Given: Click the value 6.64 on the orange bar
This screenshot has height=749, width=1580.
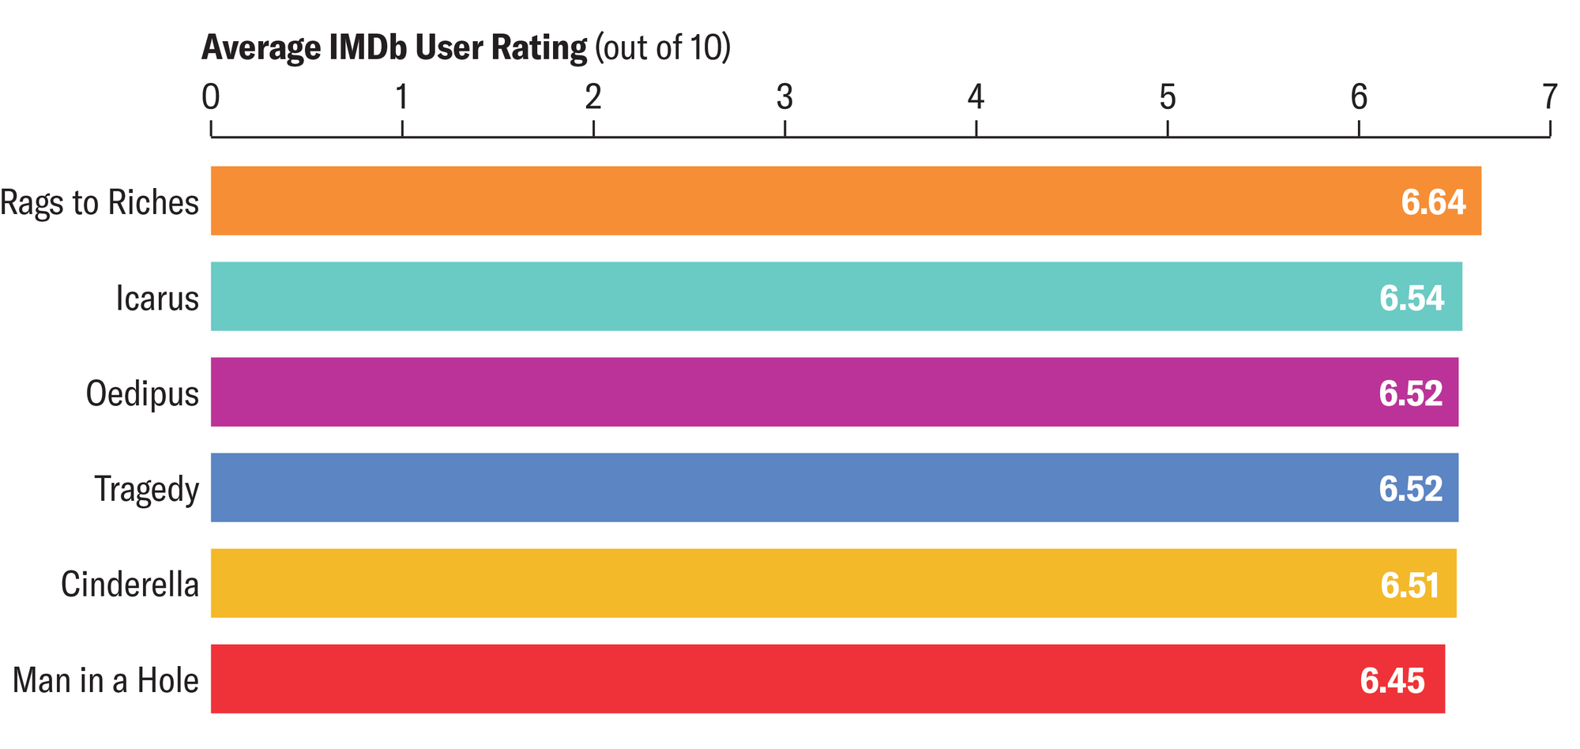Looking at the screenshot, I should tap(1433, 202).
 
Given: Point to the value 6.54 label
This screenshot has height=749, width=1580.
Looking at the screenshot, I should tap(1412, 298).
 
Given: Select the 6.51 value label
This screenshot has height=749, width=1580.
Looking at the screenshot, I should tap(1409, 585).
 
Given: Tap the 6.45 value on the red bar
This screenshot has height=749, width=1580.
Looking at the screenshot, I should tap(1392, 680).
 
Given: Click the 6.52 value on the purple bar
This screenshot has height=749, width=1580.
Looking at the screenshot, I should tap(1410, 393).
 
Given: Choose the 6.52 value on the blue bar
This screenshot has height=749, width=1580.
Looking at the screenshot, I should tap(1410, 489).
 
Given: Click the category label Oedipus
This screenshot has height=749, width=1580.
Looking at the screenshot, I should tap(142, 393).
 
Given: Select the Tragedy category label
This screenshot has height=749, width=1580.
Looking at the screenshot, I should tap(146, 490).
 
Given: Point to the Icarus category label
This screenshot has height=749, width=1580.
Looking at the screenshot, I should tap(157, 298).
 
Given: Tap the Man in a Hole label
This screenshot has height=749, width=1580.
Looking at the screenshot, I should tap(106, 680).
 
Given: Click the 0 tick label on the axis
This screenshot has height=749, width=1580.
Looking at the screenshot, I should tap(210, 97).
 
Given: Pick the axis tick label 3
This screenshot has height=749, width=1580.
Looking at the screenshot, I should tap(784, 97).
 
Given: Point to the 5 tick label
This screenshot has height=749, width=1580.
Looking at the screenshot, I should tap(1167, 97).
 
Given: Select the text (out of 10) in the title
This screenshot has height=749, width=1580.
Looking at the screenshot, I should tap(663, 47).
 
